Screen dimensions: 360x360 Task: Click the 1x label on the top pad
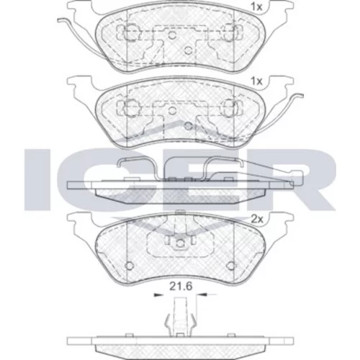(x=256, y=7)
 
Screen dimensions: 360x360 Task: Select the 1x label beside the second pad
(x=256, y=82)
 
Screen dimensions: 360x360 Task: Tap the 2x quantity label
(x=257, y=219)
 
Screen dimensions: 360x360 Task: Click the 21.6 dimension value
(x=181, y=287)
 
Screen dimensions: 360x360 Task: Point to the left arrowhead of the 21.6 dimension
(x=157, y=294)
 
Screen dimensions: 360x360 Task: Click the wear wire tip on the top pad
(x=59, y=20)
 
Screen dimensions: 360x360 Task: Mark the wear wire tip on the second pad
(x=301, y=96)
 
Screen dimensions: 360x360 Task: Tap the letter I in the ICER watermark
(x=36, y=179)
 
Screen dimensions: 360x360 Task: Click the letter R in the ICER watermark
(x=310, y=179)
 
